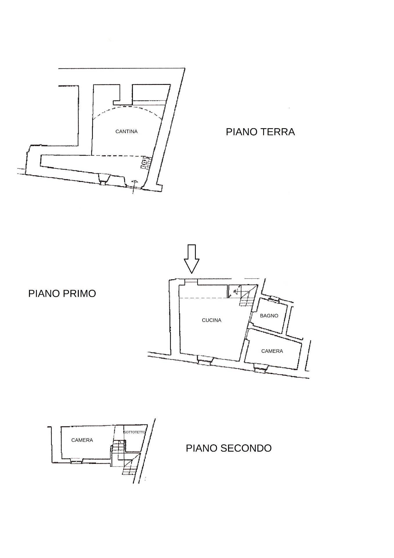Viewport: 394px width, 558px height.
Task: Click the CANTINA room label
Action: [126, 132]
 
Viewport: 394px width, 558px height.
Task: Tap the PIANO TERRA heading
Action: [260, 132]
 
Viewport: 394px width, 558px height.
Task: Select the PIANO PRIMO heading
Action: [62, 294]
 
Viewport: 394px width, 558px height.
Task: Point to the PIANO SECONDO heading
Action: [229, 448]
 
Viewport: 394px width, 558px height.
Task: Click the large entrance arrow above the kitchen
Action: [191, 259]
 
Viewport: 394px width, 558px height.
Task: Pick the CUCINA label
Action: [212, 320]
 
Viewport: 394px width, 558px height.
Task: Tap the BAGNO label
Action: [269, 316]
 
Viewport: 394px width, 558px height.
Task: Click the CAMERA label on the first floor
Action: [272, 351]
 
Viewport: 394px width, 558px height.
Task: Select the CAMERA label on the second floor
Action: [82, 440]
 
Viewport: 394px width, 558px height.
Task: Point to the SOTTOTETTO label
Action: [135, 432]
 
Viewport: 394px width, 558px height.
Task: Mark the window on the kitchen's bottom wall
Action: [205, 360]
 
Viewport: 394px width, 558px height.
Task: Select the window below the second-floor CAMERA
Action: [77, 461]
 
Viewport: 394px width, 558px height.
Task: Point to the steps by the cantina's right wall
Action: [146, 163]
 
